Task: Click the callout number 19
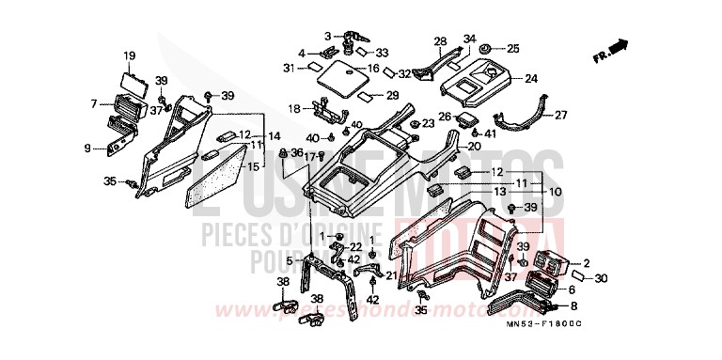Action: [x=130, y=55]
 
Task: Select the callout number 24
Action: [x=531, y=78]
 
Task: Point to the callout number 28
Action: [x=440, y=41]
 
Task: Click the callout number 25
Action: [x=512, y=48]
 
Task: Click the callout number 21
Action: [x=391, y=274]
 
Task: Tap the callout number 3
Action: [x=328, y=36]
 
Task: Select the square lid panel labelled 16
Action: [x=345, y=79]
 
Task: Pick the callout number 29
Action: [x=393, y=95]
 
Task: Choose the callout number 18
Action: [x=293, y=109]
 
